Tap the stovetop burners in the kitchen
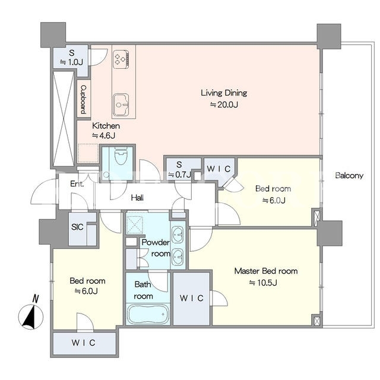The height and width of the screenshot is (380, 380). tap(121, 59)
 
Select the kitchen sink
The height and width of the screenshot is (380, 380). tap(121, 105)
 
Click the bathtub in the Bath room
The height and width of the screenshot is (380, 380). tap(148, 314)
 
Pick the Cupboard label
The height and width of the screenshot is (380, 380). tap(83, 100)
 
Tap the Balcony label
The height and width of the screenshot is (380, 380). tap(349, 176)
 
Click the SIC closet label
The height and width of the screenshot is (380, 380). tap(77, 227)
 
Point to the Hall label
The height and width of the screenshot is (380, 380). tap(137, 198)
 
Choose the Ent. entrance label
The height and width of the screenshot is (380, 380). tap(77, 184)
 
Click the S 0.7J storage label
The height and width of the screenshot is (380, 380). tap(179, 170)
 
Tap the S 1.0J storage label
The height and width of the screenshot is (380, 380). tap(71, 58)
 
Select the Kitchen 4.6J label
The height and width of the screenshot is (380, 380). tap(106, 131)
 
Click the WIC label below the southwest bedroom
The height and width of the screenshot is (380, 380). tap(83, 343)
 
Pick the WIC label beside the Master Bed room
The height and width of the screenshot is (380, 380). tap(191, 298)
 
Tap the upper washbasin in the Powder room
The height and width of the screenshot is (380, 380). tap(178, 235)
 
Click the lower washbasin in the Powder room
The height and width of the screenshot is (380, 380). tap(178, 256)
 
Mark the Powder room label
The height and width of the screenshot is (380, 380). tap(156, 248)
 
